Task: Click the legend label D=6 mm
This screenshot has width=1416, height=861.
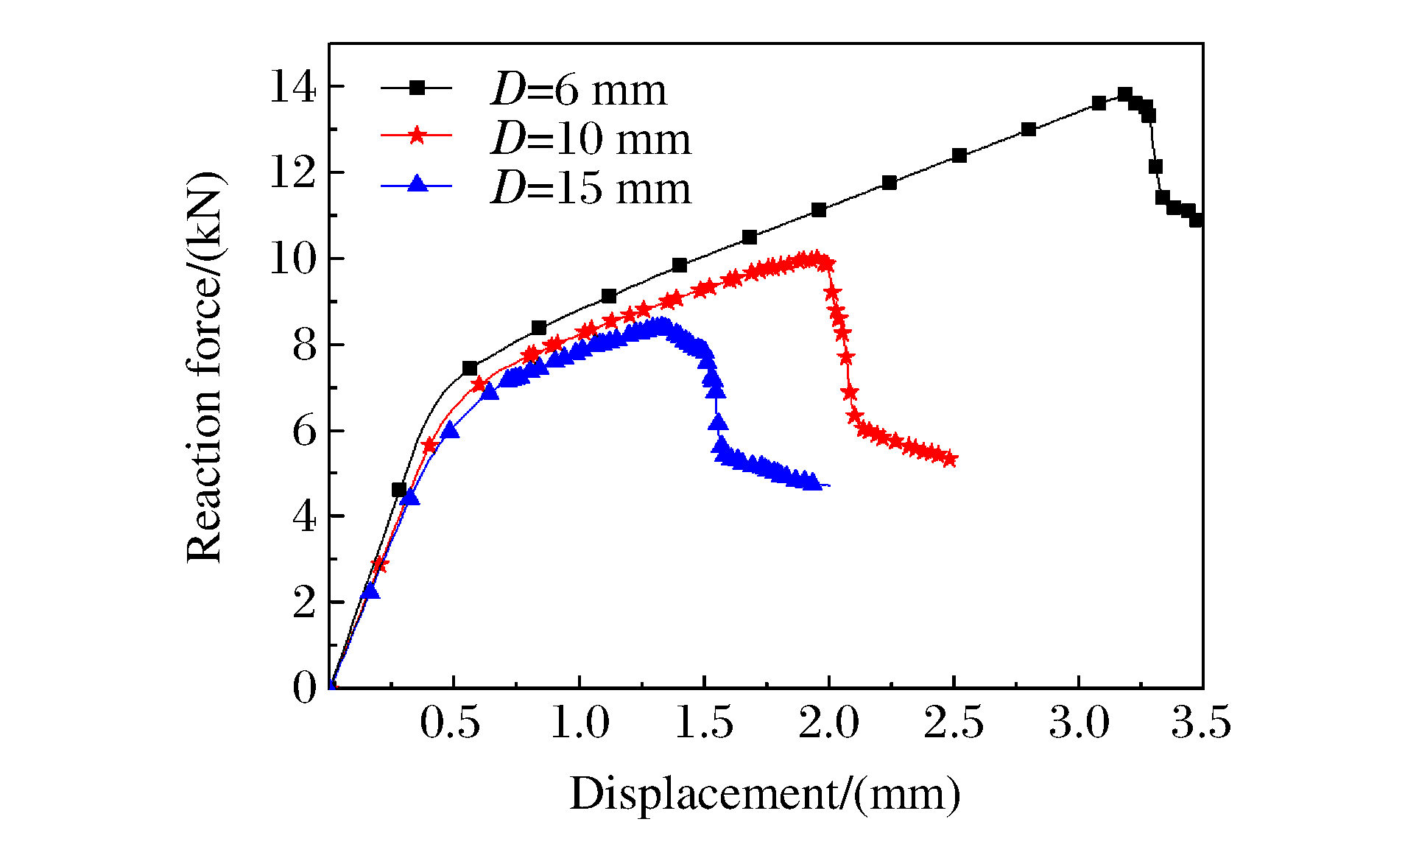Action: pyautogui.click(x=579, y=90)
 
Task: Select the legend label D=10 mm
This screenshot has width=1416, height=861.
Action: pyautogui.click(x=591, y=138)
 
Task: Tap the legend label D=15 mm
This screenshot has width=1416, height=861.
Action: pyautogui.click(x=591, y=188)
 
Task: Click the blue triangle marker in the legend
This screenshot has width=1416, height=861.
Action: pyautogui.click(x=418, y=183)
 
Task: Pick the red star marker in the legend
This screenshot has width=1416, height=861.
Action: pyautogui.click(x=418, y=135)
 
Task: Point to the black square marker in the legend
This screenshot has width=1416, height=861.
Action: pyautogui.click(x=418, y=88)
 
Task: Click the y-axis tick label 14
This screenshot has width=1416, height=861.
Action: pyautogui.click(x=293, y=87)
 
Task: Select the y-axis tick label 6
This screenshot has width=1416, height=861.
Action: pyautogui.click(x=304, y=431)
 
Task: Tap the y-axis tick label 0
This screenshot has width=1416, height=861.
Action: pyautogui.click(x=304, y=688)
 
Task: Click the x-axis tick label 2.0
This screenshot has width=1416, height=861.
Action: pyautogui.click(x=829, y=723)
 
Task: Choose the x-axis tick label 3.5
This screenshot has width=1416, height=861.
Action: pyautogui.click(x=1202, y=723)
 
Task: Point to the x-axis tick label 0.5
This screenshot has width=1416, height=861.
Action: pyautogui.click(x=450, y=723)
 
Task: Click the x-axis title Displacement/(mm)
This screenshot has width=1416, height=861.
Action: pyautogui.click(x=765, y=794)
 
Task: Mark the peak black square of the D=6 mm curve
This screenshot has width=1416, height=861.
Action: pyautogui.click(x=1125, y=94)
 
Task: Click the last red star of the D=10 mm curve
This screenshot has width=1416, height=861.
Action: pyautogui.click(x=950, y=460)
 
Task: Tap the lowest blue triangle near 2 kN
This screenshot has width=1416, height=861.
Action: pyautogui.click(x=370, y=591)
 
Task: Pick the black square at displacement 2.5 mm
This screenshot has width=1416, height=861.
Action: pyautogui.click(x=959, y=155)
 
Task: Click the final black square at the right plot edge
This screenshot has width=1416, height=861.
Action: pyautogui.click(x=1197, y=219)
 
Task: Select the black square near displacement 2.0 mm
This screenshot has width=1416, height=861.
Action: pyautogui.click(x=819, y=210)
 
